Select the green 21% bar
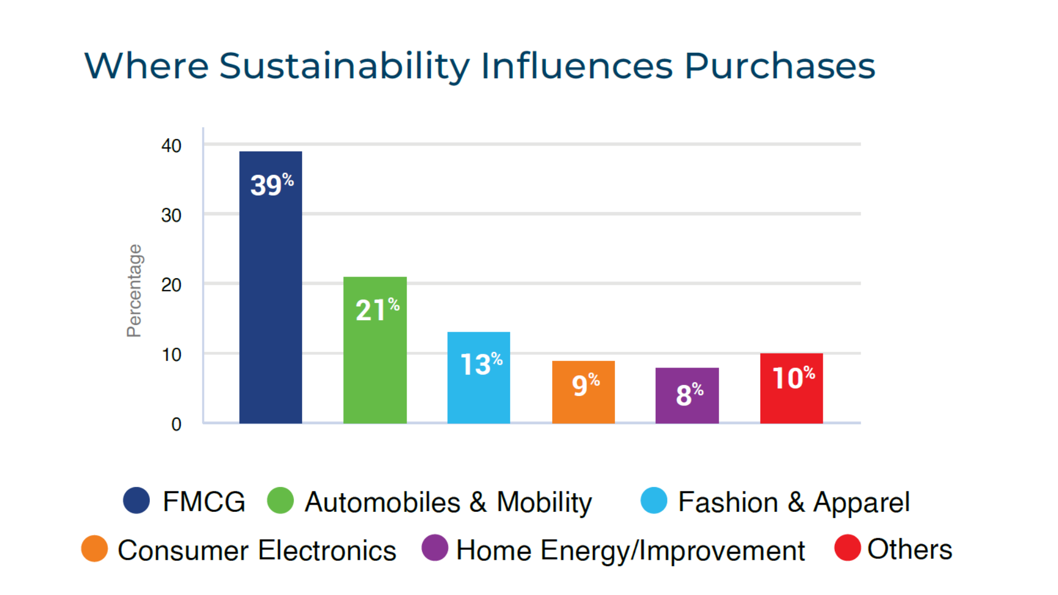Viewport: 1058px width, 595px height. click(375, 364)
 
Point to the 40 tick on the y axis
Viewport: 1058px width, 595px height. click(171, 146)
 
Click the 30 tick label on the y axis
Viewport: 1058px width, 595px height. click(171, 215)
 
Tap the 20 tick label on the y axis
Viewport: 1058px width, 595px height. click(171, 285)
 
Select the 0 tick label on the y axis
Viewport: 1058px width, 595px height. click(176, 424)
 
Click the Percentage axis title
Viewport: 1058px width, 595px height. click(134, 290)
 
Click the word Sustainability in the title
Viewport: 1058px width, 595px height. click(344, 67)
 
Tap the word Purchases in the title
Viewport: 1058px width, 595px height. click(780, 67)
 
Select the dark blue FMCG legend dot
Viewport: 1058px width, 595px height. click(137, 500)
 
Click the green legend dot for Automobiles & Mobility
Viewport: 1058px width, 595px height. click(280, 500)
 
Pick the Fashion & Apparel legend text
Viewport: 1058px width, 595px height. click(793, 502)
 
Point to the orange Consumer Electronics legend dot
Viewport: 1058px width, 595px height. click(94, 549)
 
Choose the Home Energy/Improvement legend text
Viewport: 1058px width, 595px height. click(630, 550)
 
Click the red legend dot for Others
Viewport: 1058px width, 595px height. click(848, 548)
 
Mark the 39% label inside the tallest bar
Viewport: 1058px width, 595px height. click(272, 185)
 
